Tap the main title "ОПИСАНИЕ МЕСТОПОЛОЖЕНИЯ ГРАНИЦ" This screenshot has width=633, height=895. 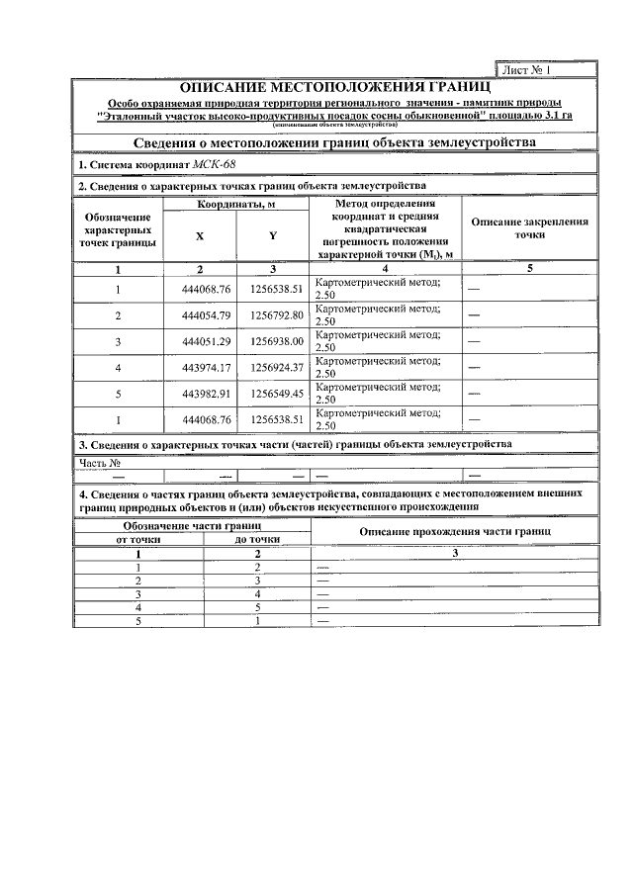(335, 89)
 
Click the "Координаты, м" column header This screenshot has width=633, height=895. (234, 204)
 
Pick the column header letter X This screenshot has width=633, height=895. (199, 235)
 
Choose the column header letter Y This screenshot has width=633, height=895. (273, 235)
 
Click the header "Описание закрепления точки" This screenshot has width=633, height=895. (530, 229)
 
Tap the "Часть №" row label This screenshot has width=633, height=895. (100, 462)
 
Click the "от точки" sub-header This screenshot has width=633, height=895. (138, 539)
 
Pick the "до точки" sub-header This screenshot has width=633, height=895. (256, 539)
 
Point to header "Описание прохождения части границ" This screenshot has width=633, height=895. (454, 532)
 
